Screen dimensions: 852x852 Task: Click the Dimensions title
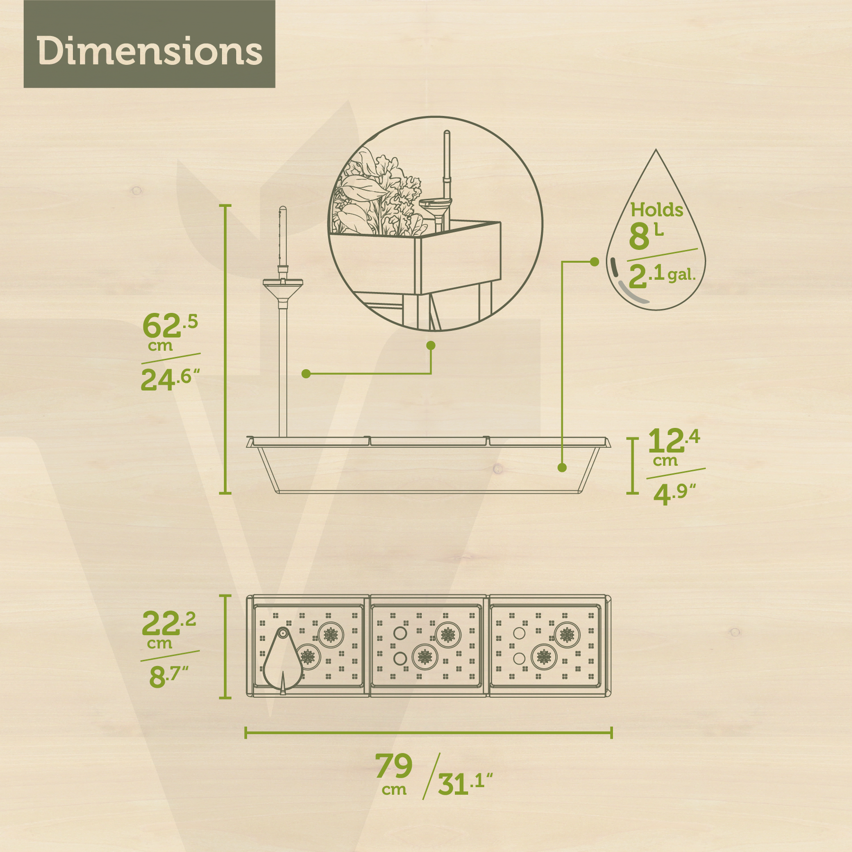point(150,51)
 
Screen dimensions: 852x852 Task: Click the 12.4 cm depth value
point(673,447)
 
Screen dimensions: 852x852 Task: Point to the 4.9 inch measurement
point(674,494)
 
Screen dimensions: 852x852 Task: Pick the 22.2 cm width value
point(169,629)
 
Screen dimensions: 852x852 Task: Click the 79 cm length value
point(394,773)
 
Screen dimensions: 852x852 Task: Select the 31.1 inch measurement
point(465,784)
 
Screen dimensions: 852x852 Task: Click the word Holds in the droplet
point(657,210)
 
